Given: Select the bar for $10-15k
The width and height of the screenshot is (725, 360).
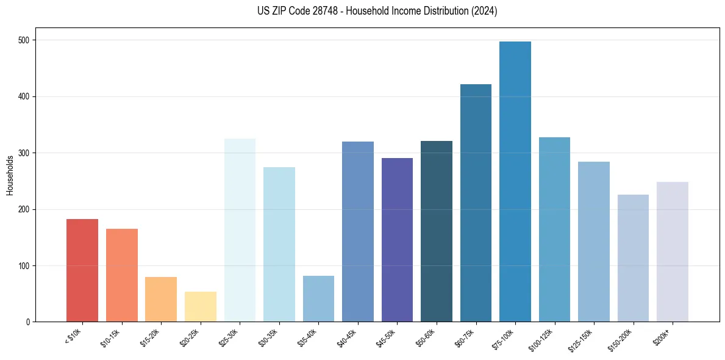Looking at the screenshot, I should coord(122,275).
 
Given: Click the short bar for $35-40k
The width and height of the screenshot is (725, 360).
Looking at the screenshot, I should coord(318,299).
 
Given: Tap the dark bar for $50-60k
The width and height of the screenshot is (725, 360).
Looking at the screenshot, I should coord(437,231).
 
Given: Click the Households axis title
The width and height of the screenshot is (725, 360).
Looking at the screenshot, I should coord(10,175).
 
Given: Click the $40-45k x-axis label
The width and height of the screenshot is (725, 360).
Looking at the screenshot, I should coord(348,337).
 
